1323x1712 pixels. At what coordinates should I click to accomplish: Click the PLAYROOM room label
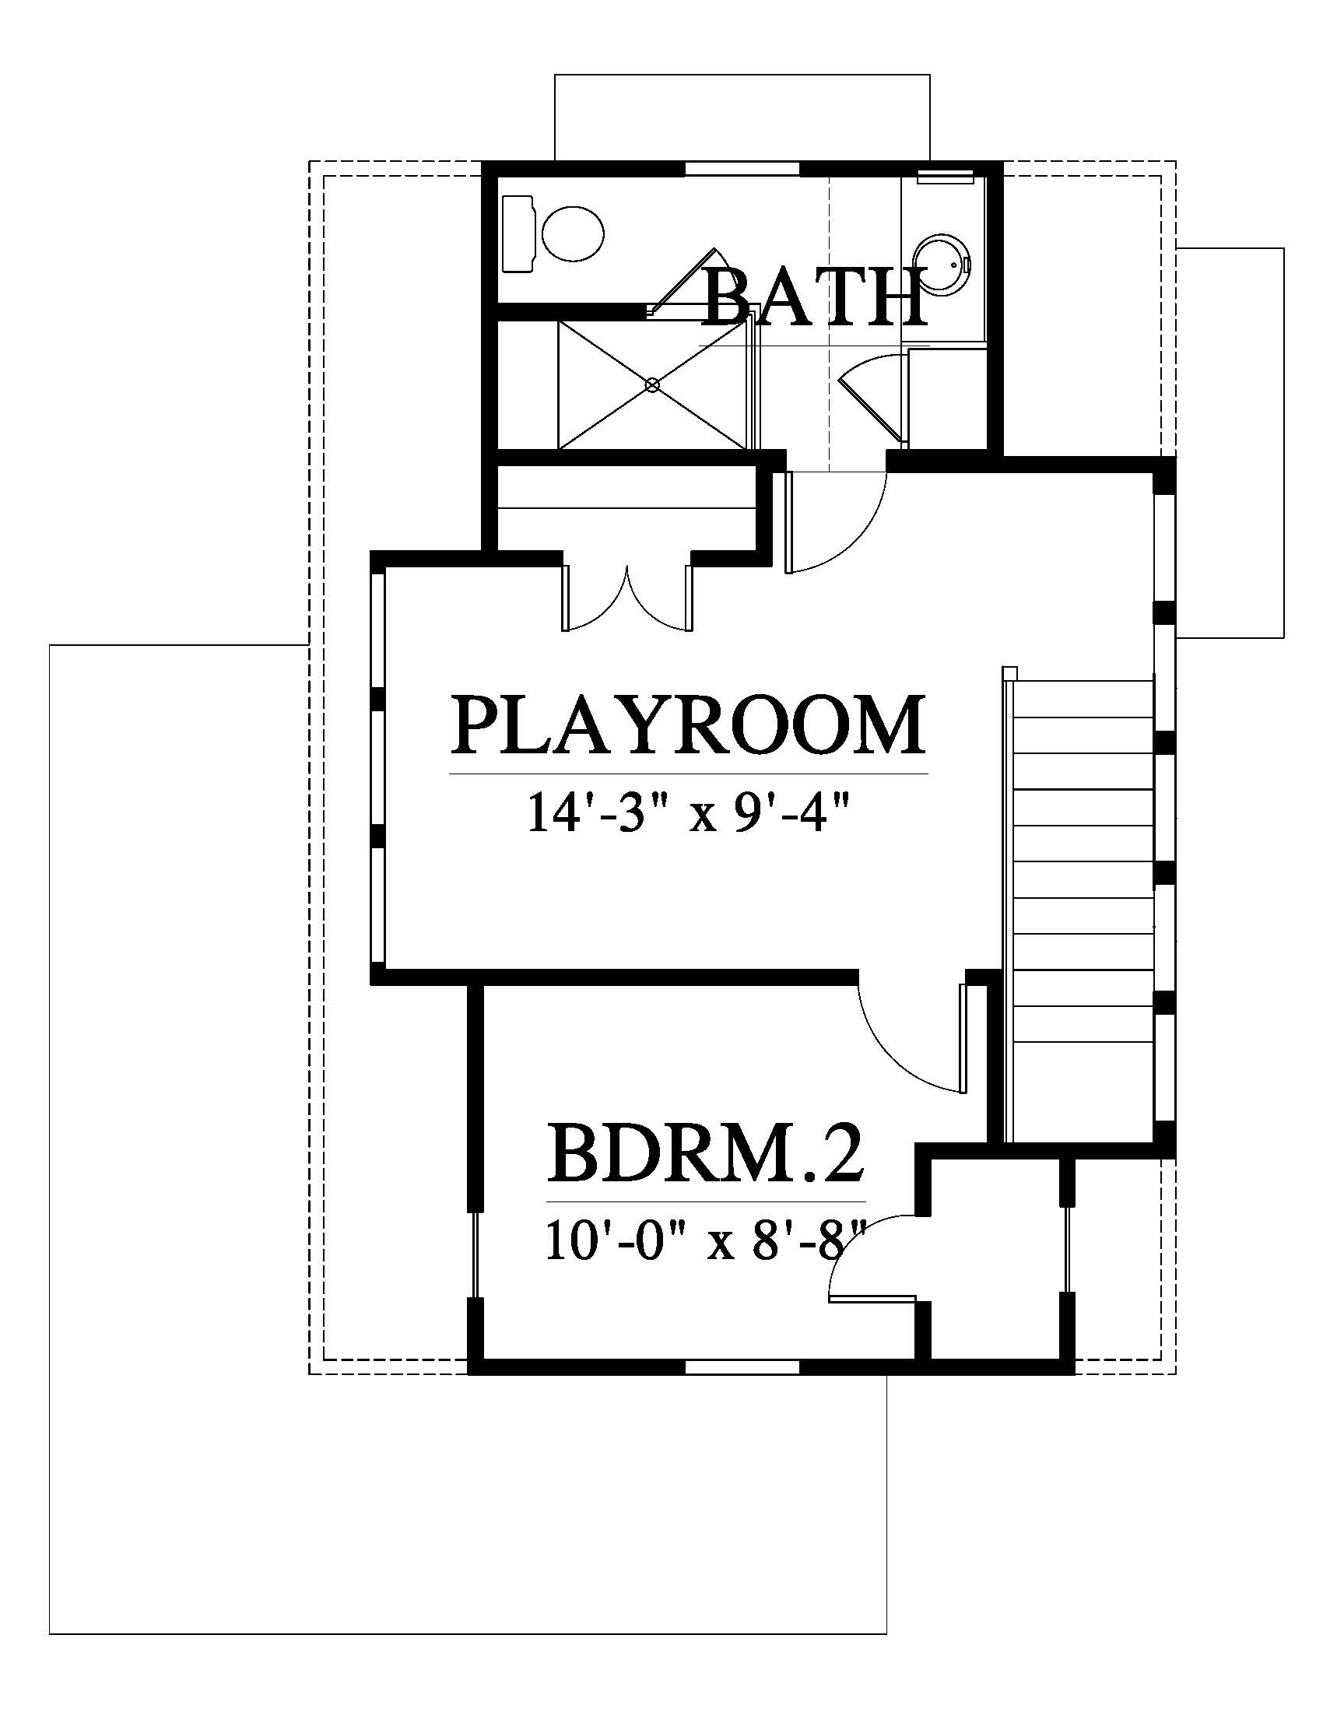click(x=687, y=724)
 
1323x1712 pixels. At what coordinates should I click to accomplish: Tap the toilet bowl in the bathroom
click(x=572, y=234)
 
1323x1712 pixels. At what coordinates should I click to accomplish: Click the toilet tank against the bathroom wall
click(x=518, y=234)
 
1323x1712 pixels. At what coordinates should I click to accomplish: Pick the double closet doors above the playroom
click(x=628, y=598)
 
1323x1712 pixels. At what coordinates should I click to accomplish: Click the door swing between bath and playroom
click(x=837, y=521)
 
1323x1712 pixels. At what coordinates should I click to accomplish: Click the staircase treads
click(x=1085, y=909)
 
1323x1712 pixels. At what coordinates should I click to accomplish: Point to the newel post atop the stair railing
click(x=1009, y=672)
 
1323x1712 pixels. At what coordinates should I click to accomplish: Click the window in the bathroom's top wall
click(x=743, y=168)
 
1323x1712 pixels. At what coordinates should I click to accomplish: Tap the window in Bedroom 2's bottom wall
click(x=742, y=1367)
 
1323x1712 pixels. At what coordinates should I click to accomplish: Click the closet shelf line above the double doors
click(x=626, y=508)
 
